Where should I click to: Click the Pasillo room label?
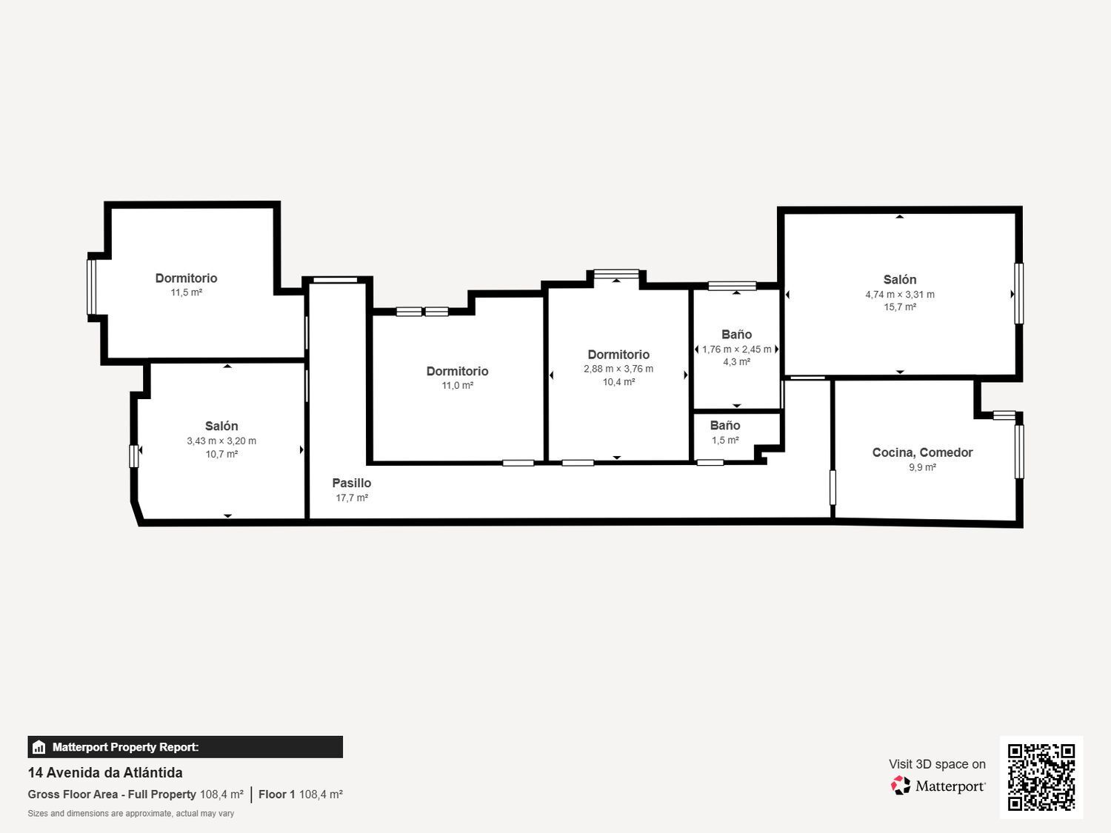(351, 483)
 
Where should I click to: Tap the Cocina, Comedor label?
(922, 452)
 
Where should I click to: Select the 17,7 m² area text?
(352, 498)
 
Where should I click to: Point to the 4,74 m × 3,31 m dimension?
(899, 294)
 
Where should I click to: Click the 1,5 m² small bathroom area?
(725, 440)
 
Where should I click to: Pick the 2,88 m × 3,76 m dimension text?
(618, 369)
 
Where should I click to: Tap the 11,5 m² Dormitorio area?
(186, 292)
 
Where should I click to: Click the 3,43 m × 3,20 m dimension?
(221, 441)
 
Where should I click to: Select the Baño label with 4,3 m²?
(736, 335)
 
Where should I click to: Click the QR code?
(1041, 777)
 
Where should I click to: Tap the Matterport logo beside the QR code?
(938, 786)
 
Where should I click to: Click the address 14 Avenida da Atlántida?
(105, 772)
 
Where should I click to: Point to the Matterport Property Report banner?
(185, 747)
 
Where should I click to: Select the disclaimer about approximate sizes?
(131, 814)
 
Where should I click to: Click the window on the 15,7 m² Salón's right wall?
(1018, 293)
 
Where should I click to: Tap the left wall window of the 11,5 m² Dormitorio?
(92, 287)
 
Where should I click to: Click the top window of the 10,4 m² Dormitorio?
(616, 274)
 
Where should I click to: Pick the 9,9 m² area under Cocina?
(922, 467)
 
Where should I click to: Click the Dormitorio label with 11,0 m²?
(457, 371)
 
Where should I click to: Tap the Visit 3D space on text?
(937, 764)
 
